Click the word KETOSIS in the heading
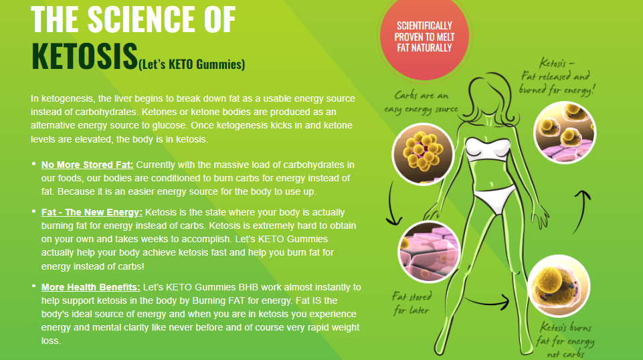[84, 56]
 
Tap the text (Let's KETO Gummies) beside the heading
[191, 64]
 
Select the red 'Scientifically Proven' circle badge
[424, 37]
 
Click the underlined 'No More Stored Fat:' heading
[88, 165]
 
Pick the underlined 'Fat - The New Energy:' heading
[92, 212]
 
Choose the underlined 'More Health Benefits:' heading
[90, 288]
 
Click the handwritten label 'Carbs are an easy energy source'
[421, 102]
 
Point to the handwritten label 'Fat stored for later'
[411, 303]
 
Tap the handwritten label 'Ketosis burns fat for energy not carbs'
[565, 340]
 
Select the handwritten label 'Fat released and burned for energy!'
[557, 77]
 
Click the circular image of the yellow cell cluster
[423, 154]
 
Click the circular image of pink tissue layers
[429, 252]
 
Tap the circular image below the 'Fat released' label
[565, 133]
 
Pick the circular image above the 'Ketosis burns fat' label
[558, 286]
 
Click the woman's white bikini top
[488, 149]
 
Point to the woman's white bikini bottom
[495, 199]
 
